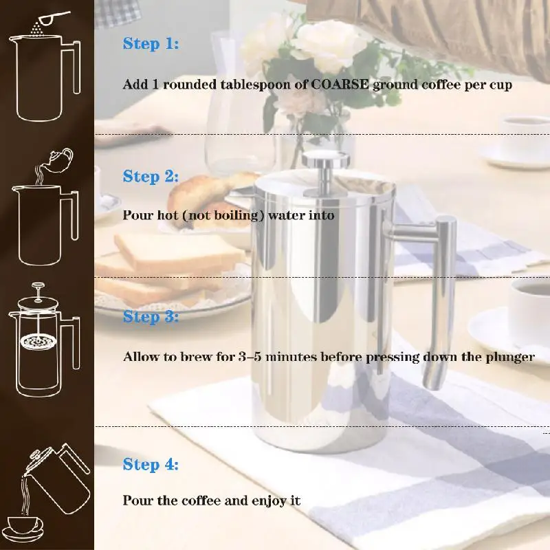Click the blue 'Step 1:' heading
click(151, 44)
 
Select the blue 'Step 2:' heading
click(151, 177)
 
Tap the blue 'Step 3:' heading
click(151, 317)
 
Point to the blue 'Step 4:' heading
click(151, 465)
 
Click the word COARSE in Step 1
click(340, 85)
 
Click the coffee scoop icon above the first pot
click(54, 18)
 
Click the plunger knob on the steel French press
click(326, 159)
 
